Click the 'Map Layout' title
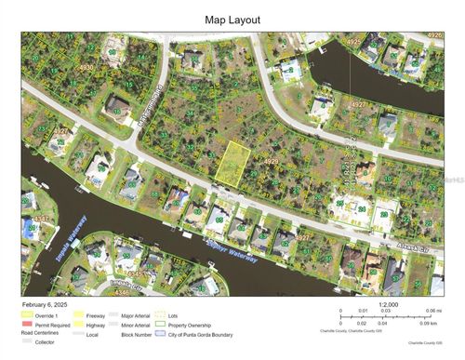click(232, 19)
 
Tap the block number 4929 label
click(272, 161)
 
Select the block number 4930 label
click(86, 68)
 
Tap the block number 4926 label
click(434, 35)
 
